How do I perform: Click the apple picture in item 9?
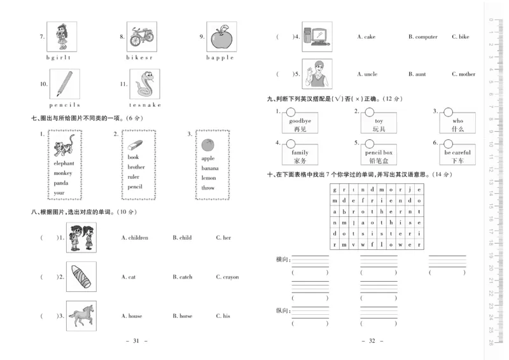(222, 38)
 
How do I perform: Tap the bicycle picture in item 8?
(142, 37)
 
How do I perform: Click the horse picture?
(81, 315)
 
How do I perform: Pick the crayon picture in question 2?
(81, 277)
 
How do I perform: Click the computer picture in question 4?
(317, 37)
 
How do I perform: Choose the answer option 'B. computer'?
(422, 37)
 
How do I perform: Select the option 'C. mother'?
(463, 74)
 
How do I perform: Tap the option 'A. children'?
(135, 238)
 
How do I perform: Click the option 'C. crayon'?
(227, 277)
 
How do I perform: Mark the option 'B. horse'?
(182, 316)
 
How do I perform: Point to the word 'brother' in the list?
(136, 167)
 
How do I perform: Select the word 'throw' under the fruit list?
(208, 188)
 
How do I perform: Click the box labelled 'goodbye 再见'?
(300, 124)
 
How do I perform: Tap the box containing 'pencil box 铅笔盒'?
(379, 156)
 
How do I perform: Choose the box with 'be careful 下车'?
(457, 156)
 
